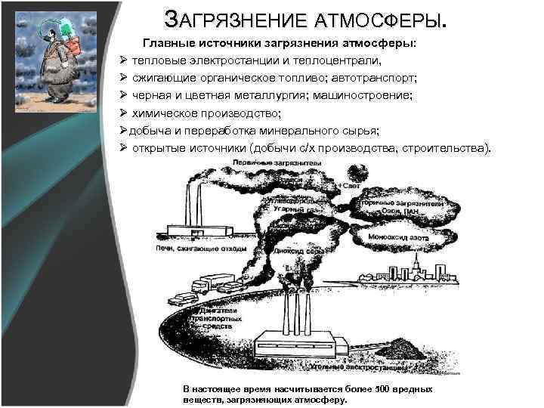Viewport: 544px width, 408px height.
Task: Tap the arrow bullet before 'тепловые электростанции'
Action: tap(122, 59)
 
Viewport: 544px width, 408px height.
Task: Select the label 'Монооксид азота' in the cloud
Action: tap(398, 237)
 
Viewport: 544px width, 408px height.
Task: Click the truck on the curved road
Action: tap(209, 285)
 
